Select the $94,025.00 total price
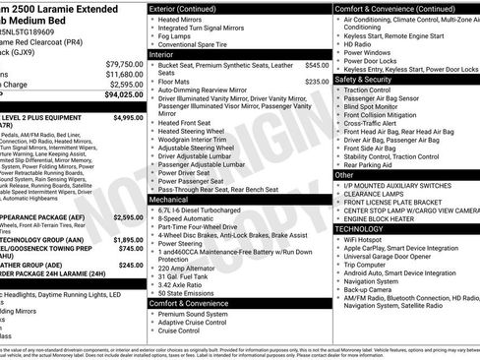tap(123, 95)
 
